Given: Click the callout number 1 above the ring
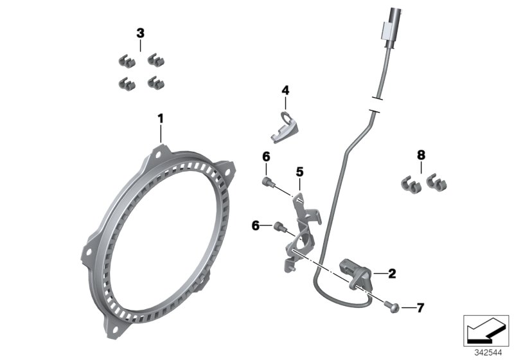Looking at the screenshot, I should (161, 118).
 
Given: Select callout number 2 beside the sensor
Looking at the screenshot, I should (392, 274).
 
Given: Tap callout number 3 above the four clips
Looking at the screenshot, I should (140, 33).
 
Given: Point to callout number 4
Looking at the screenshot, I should (285, 91).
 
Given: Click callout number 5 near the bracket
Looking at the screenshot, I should (299, 172).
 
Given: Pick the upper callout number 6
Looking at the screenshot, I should (266, 157).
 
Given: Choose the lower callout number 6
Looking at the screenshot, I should (256, 225).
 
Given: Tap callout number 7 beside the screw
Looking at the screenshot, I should (420, 308).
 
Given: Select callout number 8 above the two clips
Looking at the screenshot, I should (421, 155).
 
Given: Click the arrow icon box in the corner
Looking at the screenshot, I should (488, 329).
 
